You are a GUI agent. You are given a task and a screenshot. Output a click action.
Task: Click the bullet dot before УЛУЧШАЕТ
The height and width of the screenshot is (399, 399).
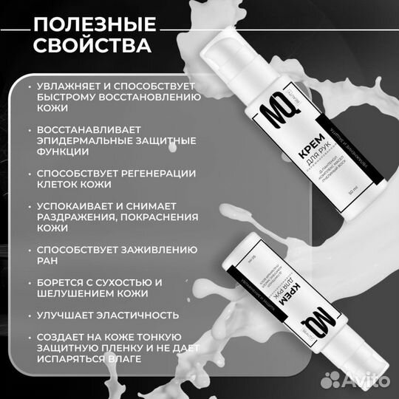[29, 314]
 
